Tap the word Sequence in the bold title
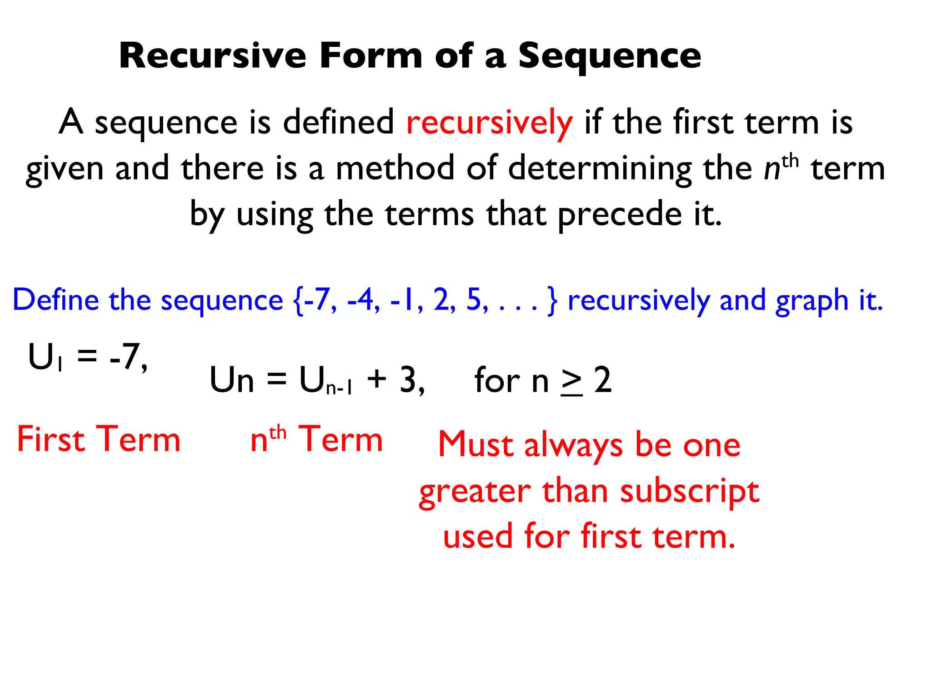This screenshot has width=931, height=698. (610, 57)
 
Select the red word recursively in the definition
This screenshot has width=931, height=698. (489, 123)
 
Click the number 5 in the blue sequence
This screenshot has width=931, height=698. (474, 300)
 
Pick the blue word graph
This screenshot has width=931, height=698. (811, 301)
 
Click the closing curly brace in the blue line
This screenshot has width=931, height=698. (552, 301)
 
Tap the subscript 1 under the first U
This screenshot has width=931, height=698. (60, 364)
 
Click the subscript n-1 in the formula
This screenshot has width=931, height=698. (339, 388)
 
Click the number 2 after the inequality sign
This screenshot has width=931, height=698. (603, 380)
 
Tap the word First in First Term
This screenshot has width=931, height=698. (51, 439)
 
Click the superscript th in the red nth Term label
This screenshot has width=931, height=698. (278, 432)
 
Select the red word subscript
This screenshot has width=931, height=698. (690, 492)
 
